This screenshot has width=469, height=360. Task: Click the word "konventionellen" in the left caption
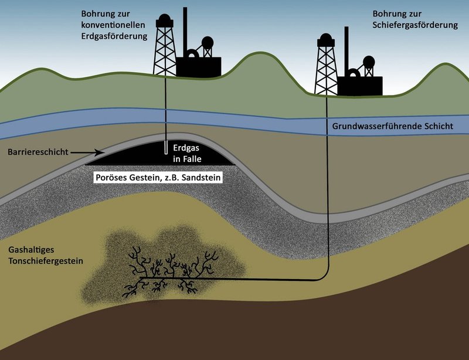[x=113, y=25]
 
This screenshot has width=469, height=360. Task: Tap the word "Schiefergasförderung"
[x=415, y=25]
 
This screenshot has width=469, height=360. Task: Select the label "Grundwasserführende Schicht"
[x=393, y=126]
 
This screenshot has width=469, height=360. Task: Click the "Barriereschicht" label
[x=38, y=152]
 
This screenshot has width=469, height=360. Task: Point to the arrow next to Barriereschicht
[x=87, y=152]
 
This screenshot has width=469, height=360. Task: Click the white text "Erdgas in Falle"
[x=187, y=153]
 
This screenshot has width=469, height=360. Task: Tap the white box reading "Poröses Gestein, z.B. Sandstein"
[x=158, y=178]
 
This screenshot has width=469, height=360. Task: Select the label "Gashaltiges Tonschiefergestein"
[x=46, y=255]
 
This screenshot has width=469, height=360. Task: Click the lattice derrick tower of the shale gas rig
[x=326, y=64]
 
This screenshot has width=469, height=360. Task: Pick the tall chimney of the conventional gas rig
[x=185, y=32]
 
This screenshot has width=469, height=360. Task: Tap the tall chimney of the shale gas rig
[x=346, y=52]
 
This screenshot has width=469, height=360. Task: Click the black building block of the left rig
[x=199, y=67]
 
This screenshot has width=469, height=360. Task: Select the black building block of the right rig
[x=360, y=86]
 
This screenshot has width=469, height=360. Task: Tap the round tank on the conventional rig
[x=208, y=43]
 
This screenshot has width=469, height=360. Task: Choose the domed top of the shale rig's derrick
[x=326, y=38]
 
